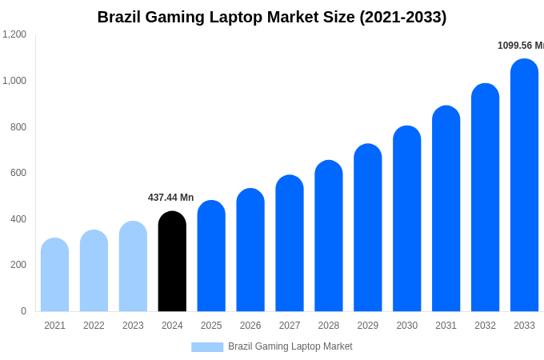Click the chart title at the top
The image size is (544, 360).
point(272,17)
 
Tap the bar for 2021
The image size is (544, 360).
point(54,275)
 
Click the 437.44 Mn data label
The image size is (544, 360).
point(170,198)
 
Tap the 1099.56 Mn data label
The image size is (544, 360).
point(520,46)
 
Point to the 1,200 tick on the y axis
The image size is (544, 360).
point(14,34)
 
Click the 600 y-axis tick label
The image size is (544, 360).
point(18,173)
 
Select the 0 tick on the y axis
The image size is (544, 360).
point(23,311)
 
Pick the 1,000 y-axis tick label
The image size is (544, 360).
point(14,81)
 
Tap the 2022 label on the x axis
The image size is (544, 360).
point(94,326)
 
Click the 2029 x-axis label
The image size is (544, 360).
point(368,326)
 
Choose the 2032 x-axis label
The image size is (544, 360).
point(485,326)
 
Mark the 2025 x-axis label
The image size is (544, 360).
point(211,326)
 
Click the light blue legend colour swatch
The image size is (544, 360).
point(207,346)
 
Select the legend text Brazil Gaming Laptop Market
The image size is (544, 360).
point(290,346)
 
